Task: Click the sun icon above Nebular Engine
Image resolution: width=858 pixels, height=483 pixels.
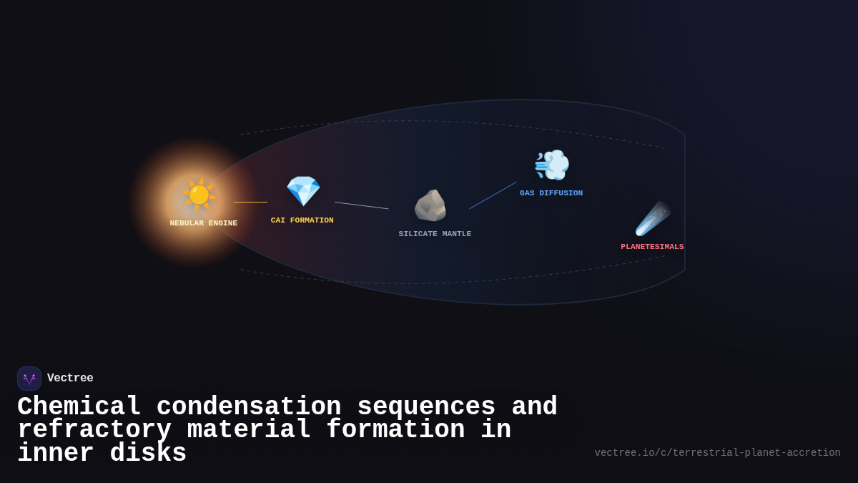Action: [x=199, y=195]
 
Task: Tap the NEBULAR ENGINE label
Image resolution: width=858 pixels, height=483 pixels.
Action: [x=204, y=223]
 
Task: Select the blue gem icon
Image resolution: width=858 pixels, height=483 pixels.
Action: [x=303, y=191]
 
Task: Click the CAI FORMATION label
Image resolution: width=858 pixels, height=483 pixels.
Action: [x=302, y=220]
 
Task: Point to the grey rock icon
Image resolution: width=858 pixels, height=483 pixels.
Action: [x=430, y=206]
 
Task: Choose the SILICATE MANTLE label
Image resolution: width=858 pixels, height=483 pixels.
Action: [x=435, y=234]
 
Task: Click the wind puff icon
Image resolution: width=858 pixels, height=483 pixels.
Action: [x=552, y=165]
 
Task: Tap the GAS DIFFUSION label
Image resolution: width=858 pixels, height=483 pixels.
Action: [x=551, y=193]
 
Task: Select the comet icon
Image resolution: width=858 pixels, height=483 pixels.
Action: [x=652, y=219]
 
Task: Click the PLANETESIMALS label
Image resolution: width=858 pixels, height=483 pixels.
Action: [x=652, y=247]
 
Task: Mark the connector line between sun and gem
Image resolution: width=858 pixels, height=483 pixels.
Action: [x=250, y=202]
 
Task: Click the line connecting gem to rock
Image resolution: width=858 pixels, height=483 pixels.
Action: [x=361, y=205]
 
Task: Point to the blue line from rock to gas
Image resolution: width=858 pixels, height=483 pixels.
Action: [x=493, y=195]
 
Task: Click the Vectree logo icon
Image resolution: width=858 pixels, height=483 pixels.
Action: [x=29, y=379]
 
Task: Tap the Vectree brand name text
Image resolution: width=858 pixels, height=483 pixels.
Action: [x=70, y=379]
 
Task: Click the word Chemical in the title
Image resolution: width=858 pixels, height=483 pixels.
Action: [x=79, y=407]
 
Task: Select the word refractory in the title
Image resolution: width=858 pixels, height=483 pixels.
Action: [x=94, y=430]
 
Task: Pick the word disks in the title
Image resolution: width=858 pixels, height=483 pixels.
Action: [x=148, y=454]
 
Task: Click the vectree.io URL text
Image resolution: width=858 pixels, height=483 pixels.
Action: [x=717, y=453]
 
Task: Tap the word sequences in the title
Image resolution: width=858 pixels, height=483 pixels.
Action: [x=426, y=407]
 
